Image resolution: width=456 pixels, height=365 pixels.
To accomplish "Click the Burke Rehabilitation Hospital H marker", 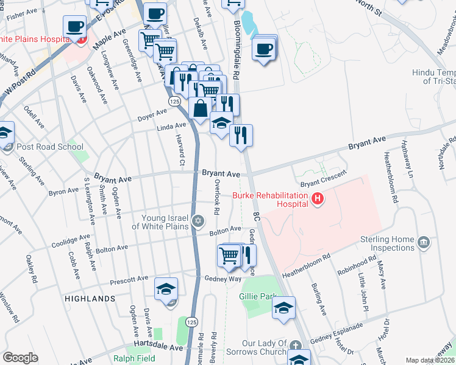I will point(317,199).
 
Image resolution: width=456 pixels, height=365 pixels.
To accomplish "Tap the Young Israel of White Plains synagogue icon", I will point(197,221).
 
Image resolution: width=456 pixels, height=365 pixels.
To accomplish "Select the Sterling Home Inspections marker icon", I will point(425,243).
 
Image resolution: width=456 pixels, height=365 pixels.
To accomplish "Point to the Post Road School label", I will point(51,147).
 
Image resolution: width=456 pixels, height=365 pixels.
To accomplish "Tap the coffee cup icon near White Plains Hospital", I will point(75,27).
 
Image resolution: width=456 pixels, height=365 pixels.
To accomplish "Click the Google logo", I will point(20,357).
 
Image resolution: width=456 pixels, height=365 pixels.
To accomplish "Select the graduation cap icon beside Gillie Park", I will point(283,308).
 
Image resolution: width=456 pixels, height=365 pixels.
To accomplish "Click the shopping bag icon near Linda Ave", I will point(201,108).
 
